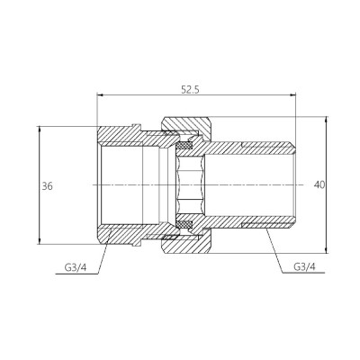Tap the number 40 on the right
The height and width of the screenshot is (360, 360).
[319, 184]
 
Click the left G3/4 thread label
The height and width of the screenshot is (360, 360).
[77, 266]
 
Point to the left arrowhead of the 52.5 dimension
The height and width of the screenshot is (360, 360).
[98, 94]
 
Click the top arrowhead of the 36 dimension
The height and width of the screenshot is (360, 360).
[40, 127]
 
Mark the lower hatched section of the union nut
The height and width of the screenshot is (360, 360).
[184, 242]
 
